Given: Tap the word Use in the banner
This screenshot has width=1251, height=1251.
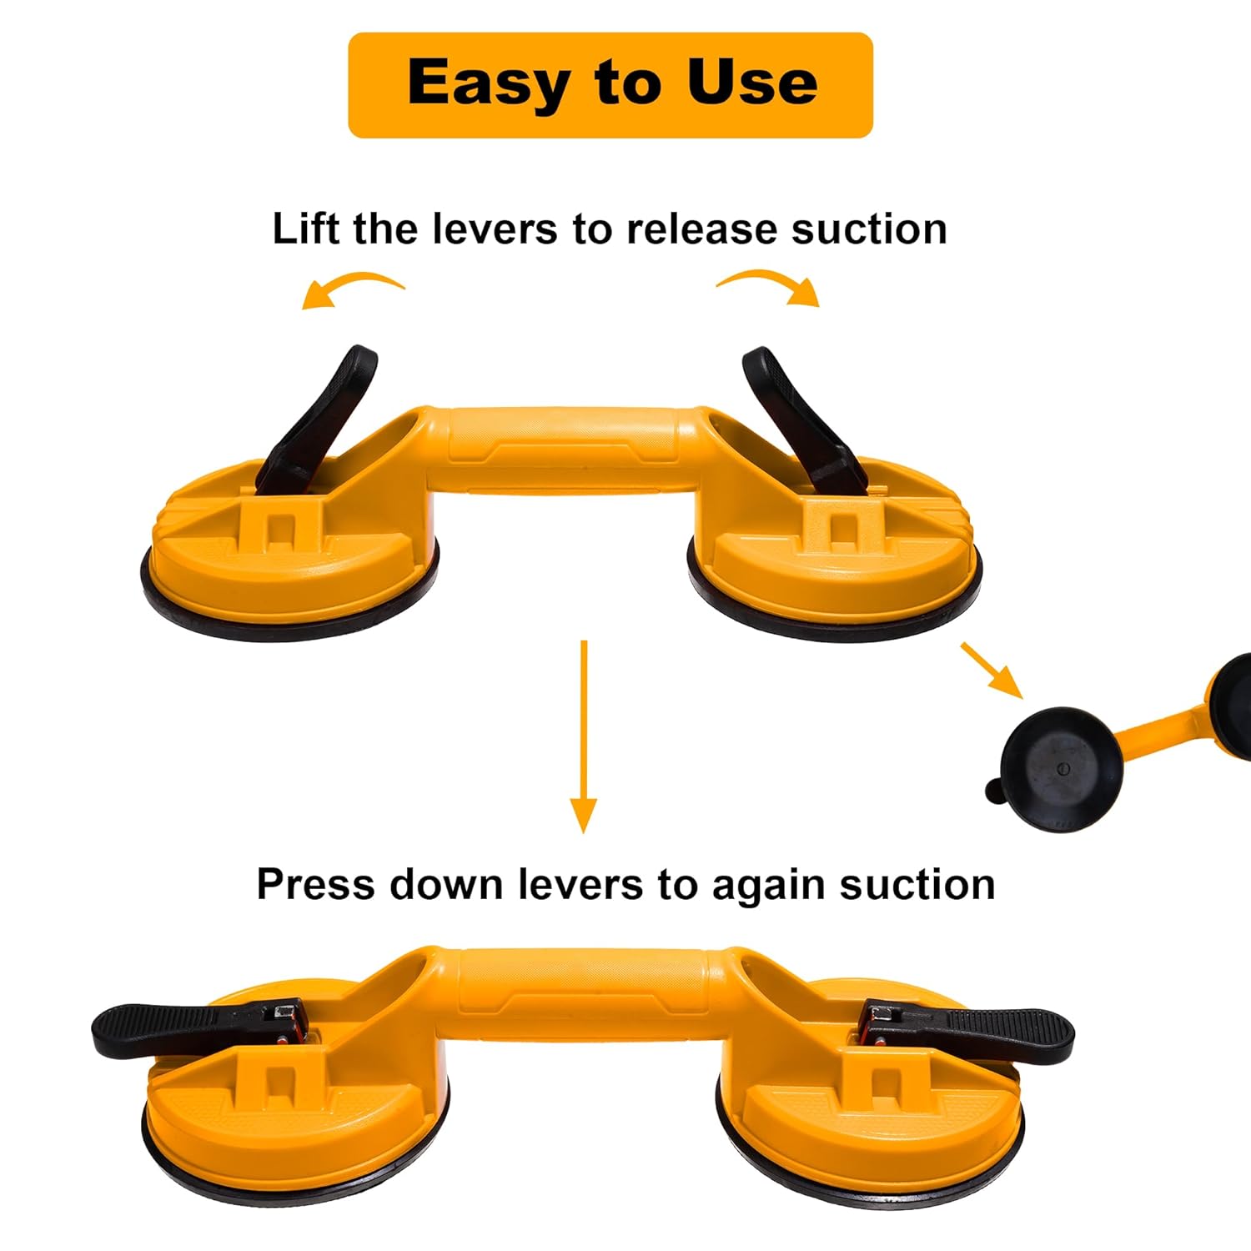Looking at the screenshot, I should [x=751, y=83].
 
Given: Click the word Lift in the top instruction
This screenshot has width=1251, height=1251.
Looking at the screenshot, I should [x=305, y=229].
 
